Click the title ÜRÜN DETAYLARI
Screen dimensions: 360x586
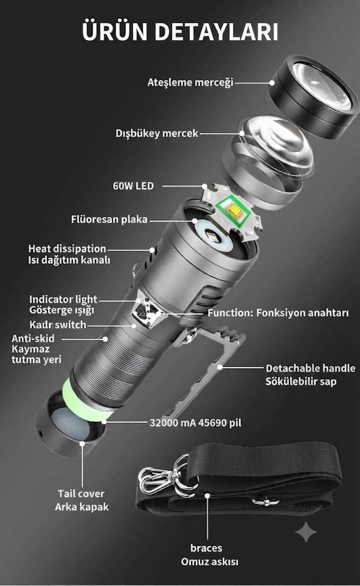pos(180,31)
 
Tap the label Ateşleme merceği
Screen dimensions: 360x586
pos(190,82)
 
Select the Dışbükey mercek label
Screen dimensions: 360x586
pos(157,133)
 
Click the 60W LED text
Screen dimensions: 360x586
pos(133,186)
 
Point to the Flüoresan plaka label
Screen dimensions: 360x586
pos(109,219)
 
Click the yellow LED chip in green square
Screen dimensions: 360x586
pos(235,212)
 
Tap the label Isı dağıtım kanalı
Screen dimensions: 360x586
pos(69,260)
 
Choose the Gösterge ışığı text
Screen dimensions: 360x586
pos(62,310)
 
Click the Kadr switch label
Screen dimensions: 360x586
pos(58,325)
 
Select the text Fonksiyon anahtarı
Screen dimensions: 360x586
pos(302,313)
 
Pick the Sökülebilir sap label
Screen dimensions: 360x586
pos(301,382)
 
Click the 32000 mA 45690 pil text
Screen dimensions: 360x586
pos(195,423)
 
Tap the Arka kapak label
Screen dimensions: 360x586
pos(82,507)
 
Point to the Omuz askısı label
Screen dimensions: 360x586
pos(209,562)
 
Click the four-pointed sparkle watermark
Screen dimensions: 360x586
pos(306,532)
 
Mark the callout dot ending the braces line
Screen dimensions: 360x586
pos(208,496)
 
